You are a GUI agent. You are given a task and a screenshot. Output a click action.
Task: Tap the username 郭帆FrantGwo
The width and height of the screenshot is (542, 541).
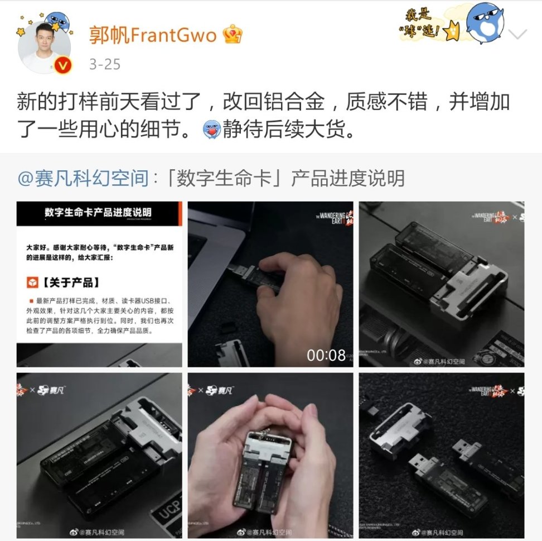[x=152, y=36]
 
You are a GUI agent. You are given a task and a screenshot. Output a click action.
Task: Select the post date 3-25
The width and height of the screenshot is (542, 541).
[x=104, y=64]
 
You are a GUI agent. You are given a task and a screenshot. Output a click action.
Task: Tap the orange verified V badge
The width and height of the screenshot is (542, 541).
[x=63, y=66]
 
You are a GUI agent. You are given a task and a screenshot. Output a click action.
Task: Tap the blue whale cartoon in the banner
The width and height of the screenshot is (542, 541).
[x=484, y=22]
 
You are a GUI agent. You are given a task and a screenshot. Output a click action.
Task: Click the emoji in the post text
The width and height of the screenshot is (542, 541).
[x=212, y=130]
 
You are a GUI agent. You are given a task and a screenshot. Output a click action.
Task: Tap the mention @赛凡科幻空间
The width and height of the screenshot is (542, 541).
[x=83, y=179]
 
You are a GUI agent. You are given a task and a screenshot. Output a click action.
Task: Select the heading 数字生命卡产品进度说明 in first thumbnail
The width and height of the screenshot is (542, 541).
[x=98, y=213]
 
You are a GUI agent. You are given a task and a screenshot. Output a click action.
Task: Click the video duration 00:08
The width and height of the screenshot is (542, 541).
[x=326, y=355]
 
